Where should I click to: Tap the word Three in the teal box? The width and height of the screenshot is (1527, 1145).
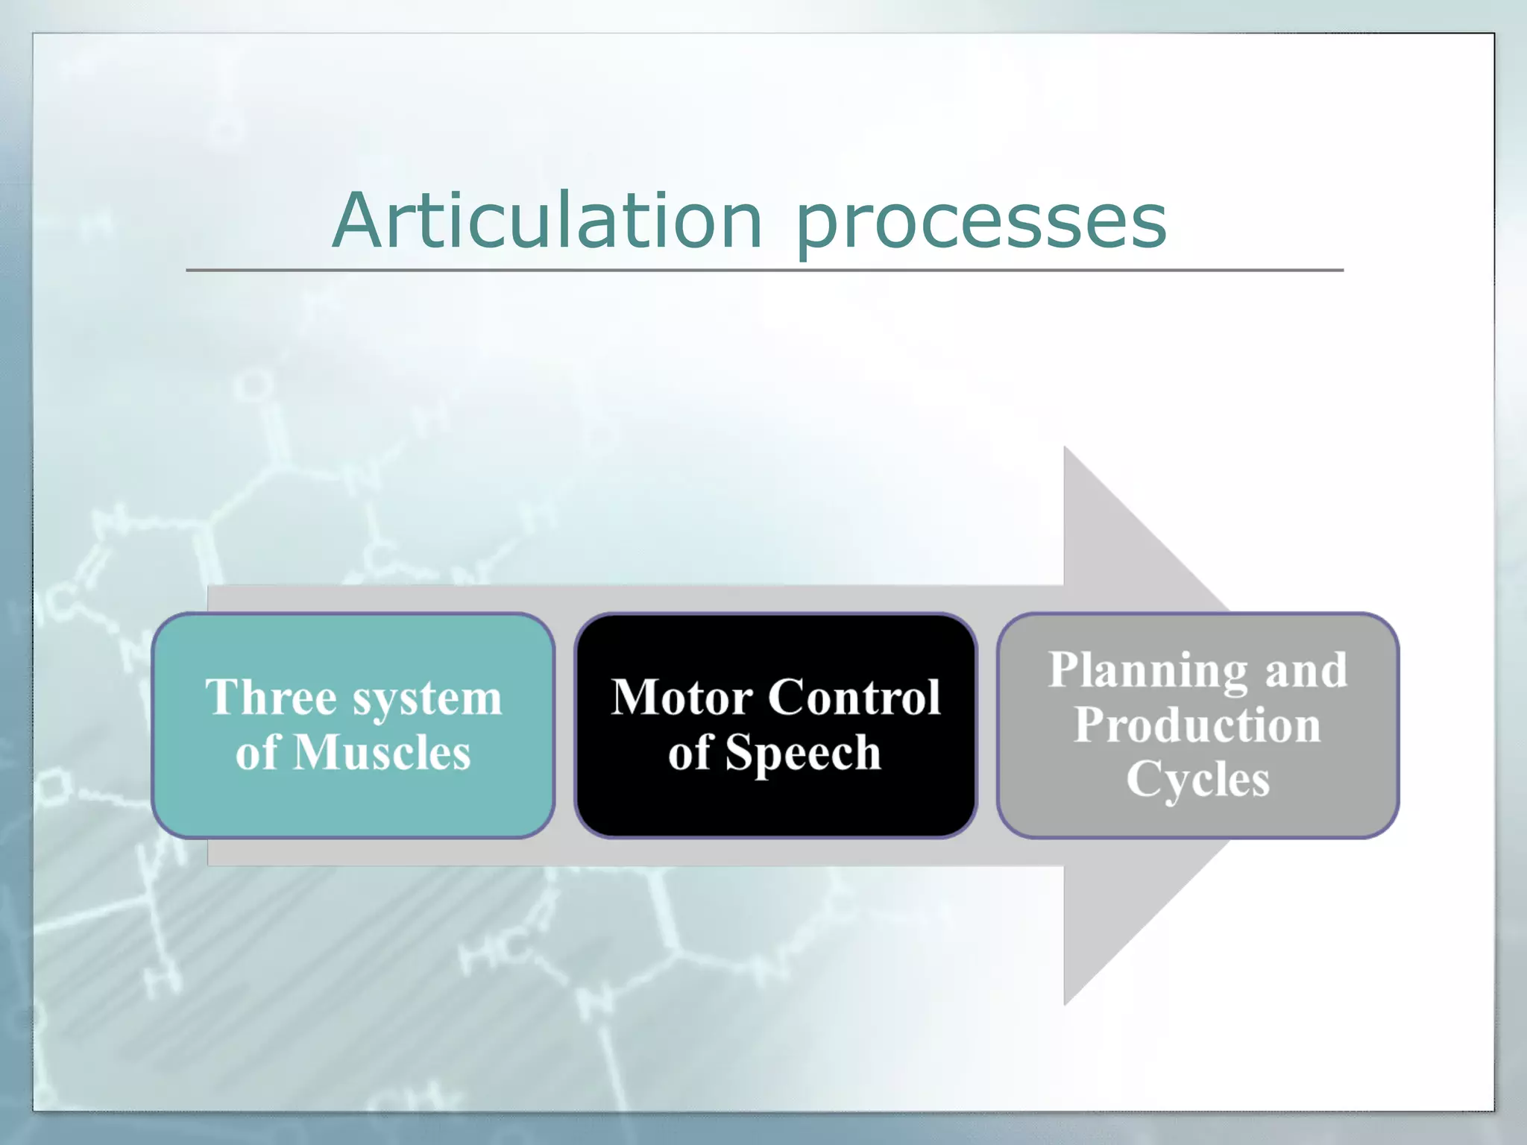click(271, 698)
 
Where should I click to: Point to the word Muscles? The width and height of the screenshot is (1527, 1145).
click(382, 752)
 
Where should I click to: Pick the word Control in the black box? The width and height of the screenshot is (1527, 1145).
click(854, 698)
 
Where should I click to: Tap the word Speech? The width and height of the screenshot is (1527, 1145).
click(803, 754)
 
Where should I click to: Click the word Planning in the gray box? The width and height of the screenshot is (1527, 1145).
click(1147, 671)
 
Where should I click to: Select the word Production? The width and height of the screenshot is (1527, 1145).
click(1197, 725)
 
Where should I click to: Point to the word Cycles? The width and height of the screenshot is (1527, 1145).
click(1197, 780)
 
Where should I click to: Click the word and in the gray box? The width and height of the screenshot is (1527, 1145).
click(1306, 670)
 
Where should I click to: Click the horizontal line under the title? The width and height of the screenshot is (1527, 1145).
click(764, 270)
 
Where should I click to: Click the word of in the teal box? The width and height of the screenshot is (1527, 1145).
click(256, 752)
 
